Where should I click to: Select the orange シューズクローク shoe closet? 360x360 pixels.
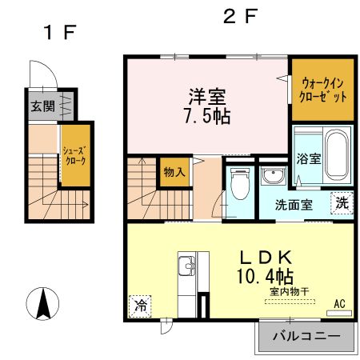click(x=74, y=155)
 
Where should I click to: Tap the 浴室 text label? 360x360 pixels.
click(x=309, y=158)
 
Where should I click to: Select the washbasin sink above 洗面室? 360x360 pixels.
click(x=270, y=178)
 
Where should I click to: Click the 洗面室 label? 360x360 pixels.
click(x=294, y=204)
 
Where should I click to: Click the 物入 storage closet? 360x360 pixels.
click(x=174, y=171)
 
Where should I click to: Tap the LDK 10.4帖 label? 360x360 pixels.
click(x=266, y=268)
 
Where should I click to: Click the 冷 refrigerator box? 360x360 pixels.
click(x=140, y=304)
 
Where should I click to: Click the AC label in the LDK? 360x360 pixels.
click(x=339, y=304)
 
